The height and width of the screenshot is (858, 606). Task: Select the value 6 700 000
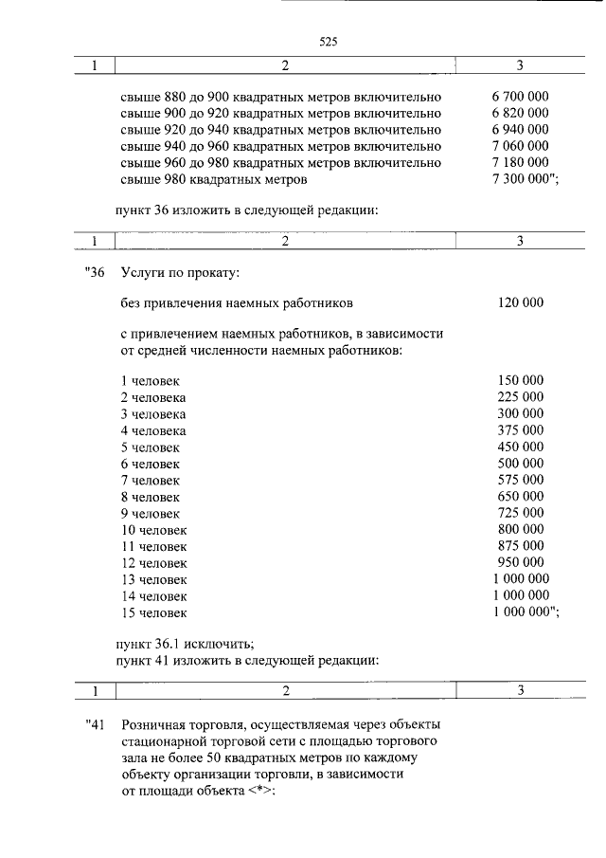click(520, 97)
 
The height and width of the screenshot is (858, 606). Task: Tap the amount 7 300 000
click(524, 178)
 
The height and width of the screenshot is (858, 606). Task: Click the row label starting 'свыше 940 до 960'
click(280, 146)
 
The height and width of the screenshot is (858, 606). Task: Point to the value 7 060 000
click(520, 146)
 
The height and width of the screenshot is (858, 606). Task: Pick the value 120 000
click(520, 303)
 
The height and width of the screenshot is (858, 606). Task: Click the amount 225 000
click(520, 396)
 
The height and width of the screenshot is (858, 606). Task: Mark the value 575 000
click(520, 480)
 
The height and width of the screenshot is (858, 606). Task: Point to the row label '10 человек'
click(153, 529)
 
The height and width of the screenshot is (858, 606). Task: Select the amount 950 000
click(520, 562)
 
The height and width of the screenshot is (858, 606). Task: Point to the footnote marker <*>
click(257, 791)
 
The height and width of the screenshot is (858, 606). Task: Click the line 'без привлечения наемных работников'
click(236, 303)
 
